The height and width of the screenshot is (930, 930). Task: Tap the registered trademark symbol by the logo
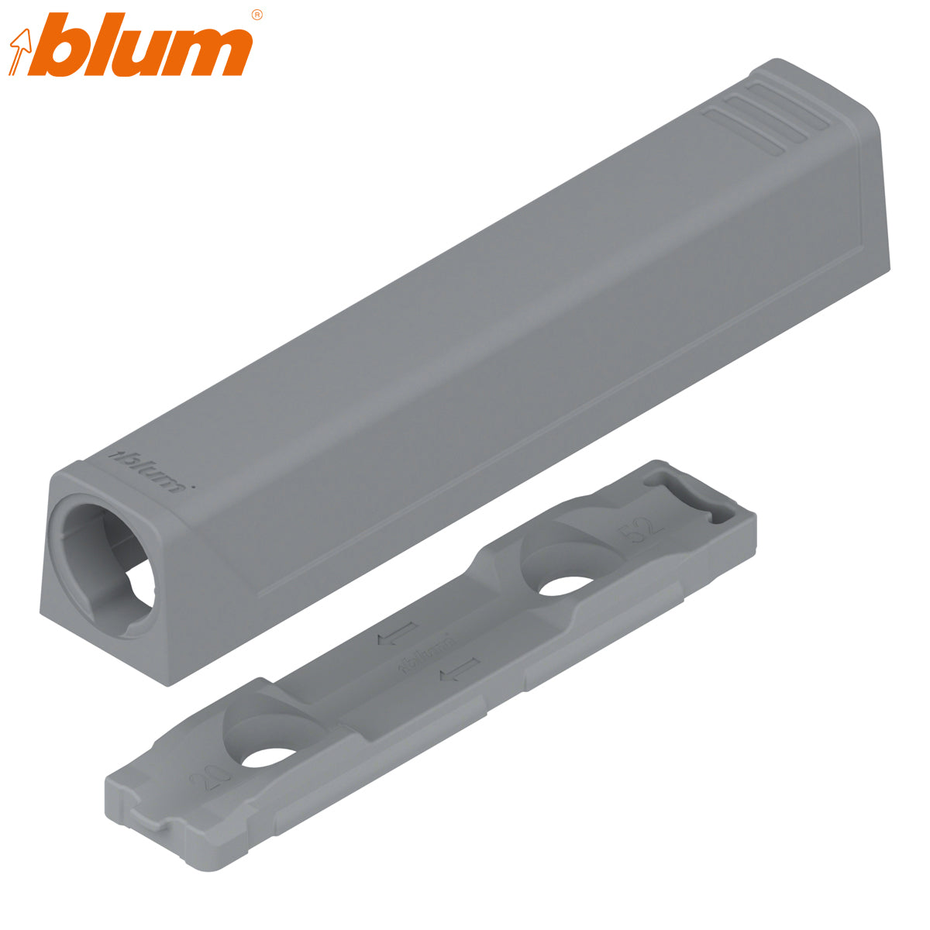[x=257, y=15]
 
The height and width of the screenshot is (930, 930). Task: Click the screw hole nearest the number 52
[x=564, y=584]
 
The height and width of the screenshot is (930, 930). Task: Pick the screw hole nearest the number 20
[x=267, y=756]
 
